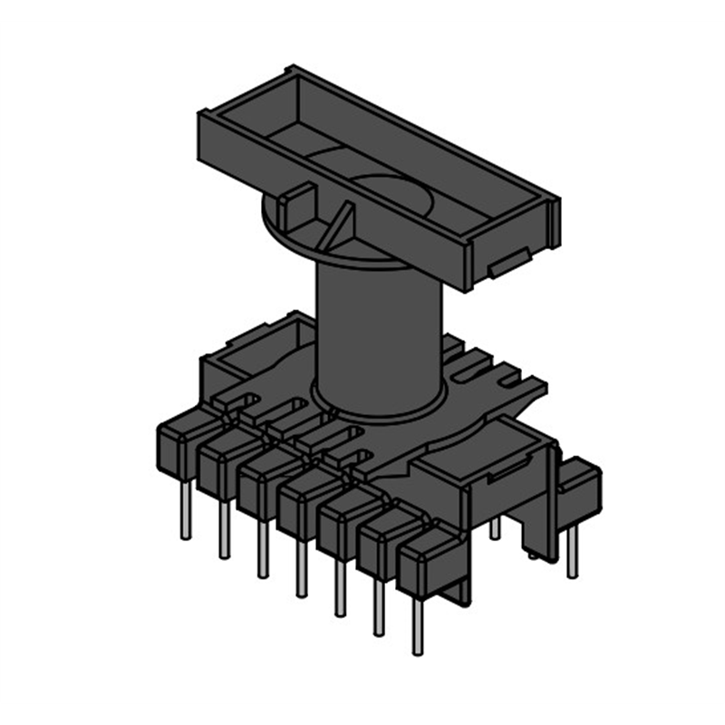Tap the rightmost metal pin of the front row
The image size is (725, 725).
point(418,625)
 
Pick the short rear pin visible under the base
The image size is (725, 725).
point(495,527)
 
